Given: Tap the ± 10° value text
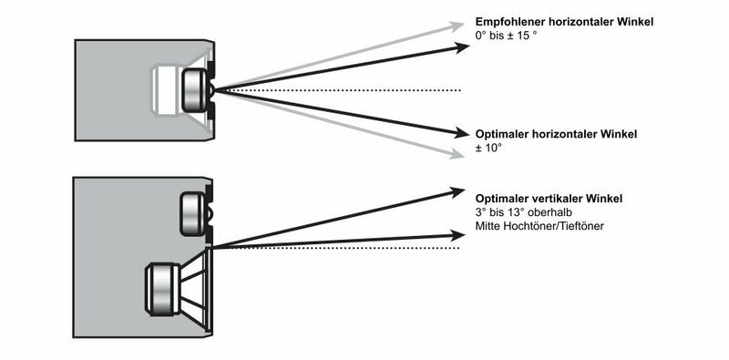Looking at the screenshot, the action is click(488, 149).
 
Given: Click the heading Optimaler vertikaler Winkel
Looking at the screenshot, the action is click(549, 199).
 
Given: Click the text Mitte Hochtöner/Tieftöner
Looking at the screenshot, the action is click(539, 227).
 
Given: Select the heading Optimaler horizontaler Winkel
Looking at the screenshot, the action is click(556, 134).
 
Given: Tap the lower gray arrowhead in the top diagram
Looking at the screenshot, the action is click(457, 154).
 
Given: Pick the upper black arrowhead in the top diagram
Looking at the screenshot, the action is click(462, 47).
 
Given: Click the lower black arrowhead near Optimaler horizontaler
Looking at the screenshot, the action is click(462, 133).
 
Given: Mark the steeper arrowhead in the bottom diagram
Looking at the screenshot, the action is click(457, 191).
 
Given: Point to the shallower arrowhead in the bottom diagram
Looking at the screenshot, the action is click(458, 235).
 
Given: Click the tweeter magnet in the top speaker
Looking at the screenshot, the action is click(193, 90).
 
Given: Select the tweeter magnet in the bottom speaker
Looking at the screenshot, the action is click(191, 214).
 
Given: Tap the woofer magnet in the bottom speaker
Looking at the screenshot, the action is click(163, 289).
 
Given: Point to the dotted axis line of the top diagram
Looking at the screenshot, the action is click(338, 89).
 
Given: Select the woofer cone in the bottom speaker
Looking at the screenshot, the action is click(195, 289).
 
